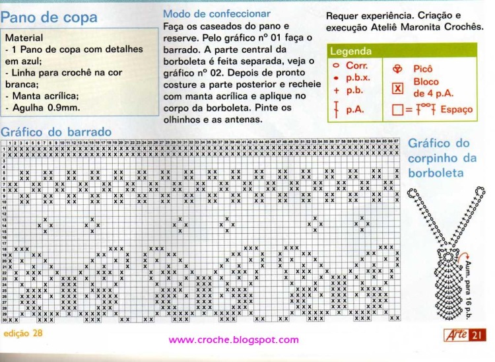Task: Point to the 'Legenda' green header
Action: [x=351, y=51]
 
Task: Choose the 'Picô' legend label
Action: [x=423, y=68]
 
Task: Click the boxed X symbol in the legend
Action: [x=397, y=88]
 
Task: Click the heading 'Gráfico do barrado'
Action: [x=56, y=131]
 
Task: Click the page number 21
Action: [x=477, y=336]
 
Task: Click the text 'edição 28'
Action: [x=22, y=333]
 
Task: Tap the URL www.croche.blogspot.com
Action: [x=234, y=340]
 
